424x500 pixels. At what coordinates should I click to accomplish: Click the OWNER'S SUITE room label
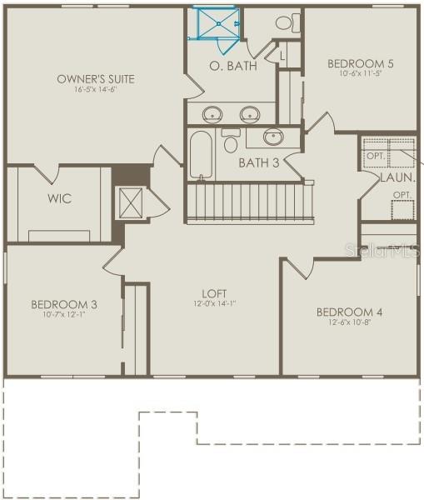96,79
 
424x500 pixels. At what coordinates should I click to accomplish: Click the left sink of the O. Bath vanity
212,113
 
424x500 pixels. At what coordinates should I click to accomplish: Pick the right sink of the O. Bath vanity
249,113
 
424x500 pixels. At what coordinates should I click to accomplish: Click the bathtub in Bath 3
201,152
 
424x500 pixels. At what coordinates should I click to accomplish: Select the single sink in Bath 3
273,136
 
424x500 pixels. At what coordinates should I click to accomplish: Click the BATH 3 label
258,162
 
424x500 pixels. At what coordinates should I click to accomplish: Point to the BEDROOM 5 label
360,63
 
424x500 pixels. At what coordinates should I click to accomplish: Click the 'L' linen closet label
282,56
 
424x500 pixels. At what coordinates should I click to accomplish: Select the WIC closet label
59,198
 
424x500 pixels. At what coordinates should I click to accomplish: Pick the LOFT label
214,294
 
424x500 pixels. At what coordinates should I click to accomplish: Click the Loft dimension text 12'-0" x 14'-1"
214,304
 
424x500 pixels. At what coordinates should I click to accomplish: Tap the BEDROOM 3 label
64,304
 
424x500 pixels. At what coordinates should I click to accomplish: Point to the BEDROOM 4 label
349,312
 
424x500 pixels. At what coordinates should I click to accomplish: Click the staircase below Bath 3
250,202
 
